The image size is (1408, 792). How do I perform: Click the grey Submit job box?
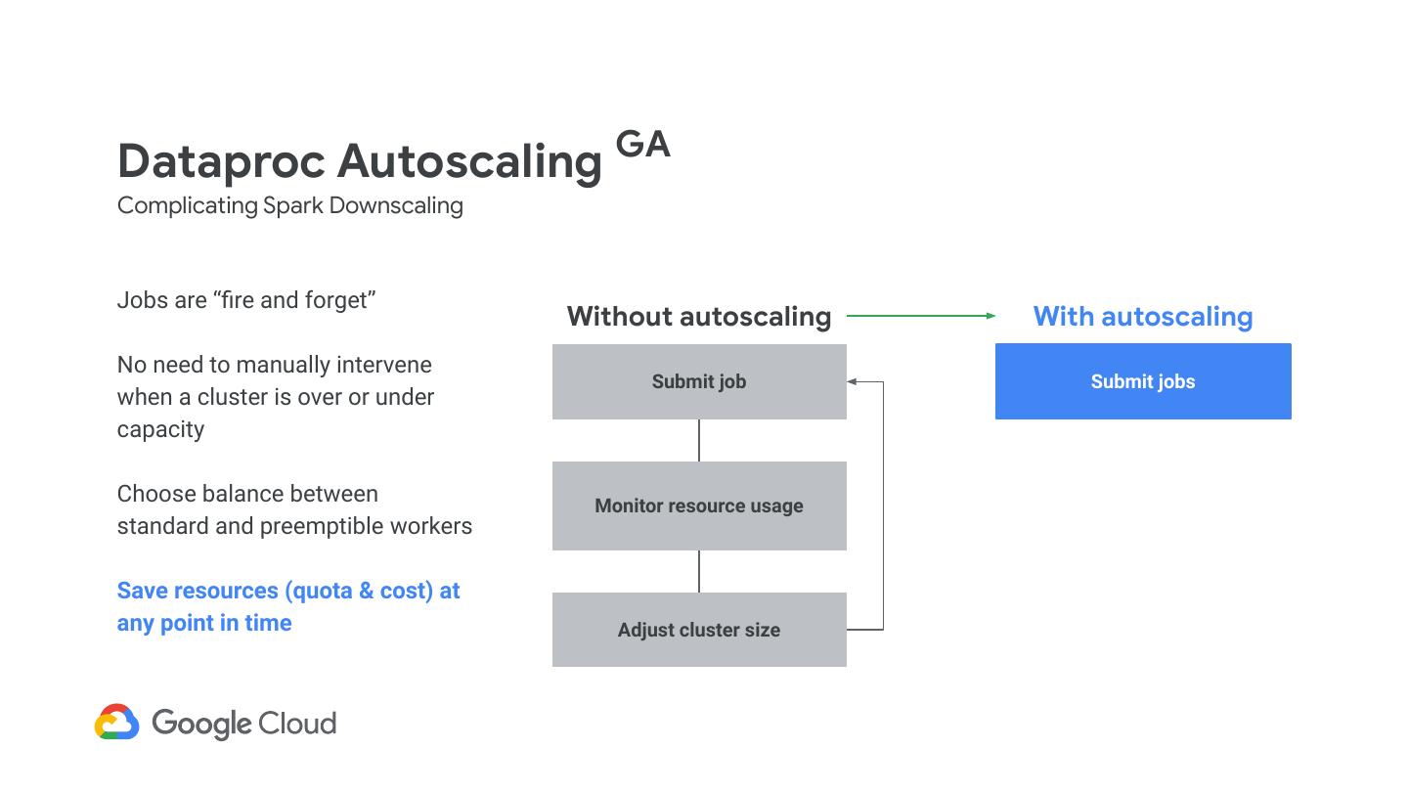coord(699,381)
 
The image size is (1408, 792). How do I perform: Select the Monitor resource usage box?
coord(699,506)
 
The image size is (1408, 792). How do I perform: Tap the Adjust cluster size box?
coord(699,630)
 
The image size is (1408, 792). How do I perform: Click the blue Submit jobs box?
coord(1143,381)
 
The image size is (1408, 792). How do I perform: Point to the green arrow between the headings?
coord(920,316)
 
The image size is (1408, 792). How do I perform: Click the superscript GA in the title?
coord(643,145)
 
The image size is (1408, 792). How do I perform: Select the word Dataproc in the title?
coord(220,161)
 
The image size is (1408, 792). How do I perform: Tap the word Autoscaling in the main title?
coord(469,161)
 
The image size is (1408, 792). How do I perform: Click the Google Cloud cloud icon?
coord(117,723)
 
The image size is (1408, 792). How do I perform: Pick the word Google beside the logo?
coord(201,725)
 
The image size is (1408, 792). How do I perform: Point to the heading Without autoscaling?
coord(699,317)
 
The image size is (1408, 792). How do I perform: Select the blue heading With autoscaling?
coord(1143,317)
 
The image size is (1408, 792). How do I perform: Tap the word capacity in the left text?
coord(160,429)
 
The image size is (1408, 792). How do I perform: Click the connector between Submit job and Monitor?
coord(699,440)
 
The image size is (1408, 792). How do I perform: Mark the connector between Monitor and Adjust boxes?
coord(699,571)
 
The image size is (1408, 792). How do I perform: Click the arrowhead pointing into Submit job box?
coord(852,381)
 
